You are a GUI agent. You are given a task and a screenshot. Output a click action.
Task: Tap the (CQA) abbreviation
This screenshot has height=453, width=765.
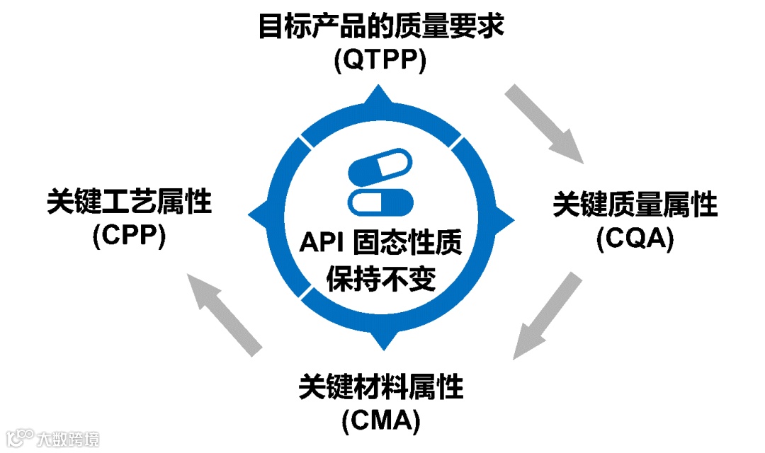[x=634, y=240]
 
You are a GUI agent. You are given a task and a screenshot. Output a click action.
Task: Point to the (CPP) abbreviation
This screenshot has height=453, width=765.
[x=129, y=235]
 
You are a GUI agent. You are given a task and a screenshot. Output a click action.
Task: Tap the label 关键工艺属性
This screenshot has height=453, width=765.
[x=130, y=201]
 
